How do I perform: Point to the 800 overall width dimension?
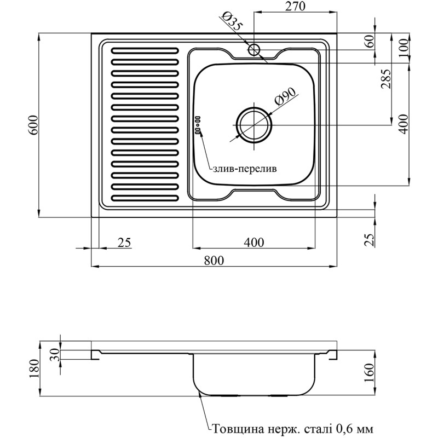point(214,261)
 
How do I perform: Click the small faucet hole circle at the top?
point(253,50)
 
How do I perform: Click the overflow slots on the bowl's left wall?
point(198,124)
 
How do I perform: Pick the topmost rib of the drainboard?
point(145,50)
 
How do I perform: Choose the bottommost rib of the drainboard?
point(145,198)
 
